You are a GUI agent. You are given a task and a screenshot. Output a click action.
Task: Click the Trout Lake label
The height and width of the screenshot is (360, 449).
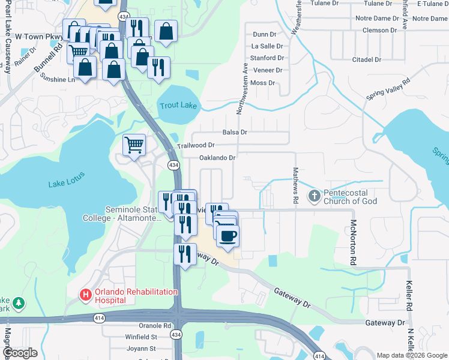[178, 106]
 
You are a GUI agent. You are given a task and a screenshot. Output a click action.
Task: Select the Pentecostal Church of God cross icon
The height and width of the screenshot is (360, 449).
[314, 196]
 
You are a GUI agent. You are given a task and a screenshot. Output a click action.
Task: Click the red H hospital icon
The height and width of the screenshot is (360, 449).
[86, 295]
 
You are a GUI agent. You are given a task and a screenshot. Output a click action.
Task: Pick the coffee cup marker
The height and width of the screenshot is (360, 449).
[228, 235]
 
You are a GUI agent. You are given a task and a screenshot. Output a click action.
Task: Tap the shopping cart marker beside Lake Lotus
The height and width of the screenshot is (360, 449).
[134, 145]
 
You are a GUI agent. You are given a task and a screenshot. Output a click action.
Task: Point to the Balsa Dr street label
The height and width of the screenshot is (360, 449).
[235, 132]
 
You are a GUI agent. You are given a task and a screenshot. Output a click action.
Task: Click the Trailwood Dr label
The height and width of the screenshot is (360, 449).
[196, 145]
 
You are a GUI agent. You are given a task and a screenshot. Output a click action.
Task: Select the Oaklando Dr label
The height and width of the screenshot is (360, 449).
[217, 158]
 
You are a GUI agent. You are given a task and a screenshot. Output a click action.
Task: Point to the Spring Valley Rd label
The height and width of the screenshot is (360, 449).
[389, 89]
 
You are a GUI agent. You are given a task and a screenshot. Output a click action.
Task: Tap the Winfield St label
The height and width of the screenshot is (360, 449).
[142, 337]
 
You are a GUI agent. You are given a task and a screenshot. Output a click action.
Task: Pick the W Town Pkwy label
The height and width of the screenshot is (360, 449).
[39, 37]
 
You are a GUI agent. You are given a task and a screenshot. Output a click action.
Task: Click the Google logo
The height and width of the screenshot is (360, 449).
[21, 353]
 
